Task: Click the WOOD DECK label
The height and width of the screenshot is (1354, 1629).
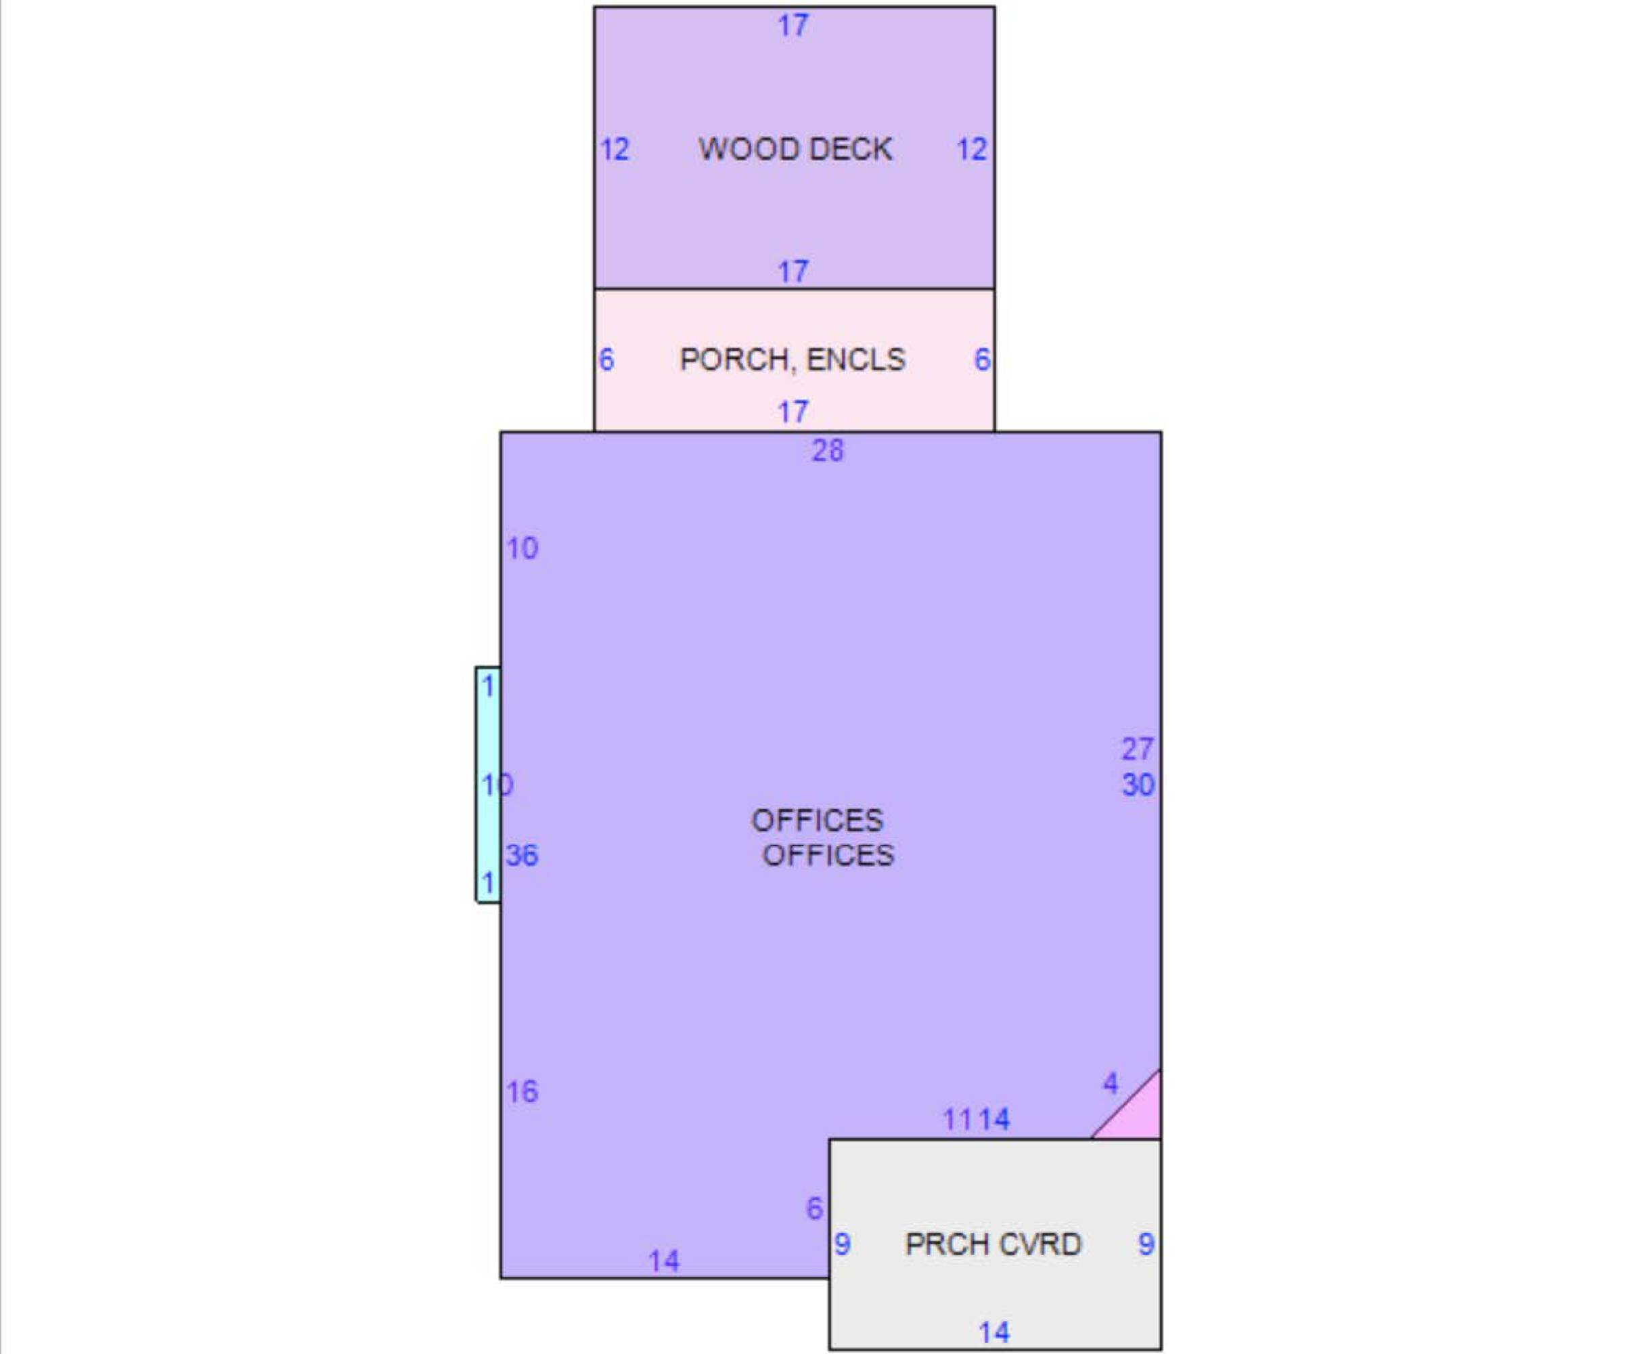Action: [x=795, y=149]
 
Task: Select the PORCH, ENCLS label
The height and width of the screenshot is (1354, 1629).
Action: [x=792, y=359]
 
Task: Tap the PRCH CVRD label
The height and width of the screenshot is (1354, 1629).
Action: [x=993, y=1244]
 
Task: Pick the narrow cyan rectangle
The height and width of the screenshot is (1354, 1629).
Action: [x=488, y=785]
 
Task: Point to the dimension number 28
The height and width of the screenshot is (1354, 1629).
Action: [x=828, y=450]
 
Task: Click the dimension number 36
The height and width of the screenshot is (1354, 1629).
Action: [x=522, y=855]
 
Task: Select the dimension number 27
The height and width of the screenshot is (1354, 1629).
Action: [x=1137, y=749]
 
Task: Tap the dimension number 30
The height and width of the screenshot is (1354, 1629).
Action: [x=1138, y=785]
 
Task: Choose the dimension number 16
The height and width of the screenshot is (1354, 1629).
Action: [x=522, y=1092]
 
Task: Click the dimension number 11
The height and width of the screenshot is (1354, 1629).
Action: [x=957, y=1119]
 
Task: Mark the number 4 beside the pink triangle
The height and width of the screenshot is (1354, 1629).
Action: [x=1111, y=1083]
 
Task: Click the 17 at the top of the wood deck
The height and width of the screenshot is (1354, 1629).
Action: [x=793, y=26]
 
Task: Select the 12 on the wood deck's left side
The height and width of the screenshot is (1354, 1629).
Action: [x=615, y=149]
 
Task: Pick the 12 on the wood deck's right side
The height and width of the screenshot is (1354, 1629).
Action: [x=972, y=149]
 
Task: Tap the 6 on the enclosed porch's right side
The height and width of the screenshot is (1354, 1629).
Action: [x=982, y=359]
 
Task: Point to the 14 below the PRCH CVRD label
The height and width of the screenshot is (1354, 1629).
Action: [x=994, y=1332]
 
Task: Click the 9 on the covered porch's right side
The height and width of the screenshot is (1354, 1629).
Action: [x=1146, y=1244]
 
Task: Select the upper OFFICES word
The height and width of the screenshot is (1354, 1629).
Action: [x=817, y=820]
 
